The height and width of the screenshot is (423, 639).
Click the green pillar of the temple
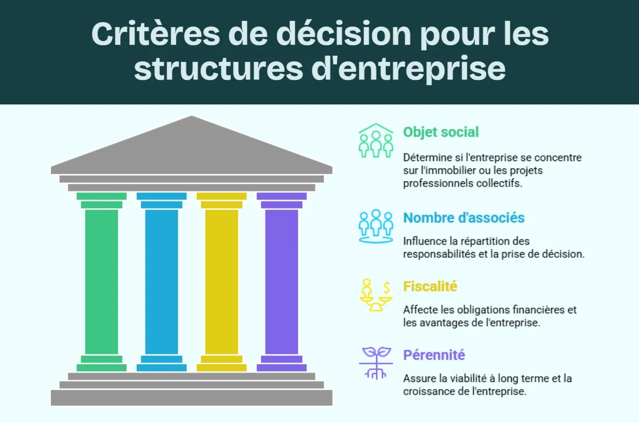(101, 281)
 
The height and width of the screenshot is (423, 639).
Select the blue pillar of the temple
(162, 281)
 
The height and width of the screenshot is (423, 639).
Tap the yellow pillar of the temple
(221, 281)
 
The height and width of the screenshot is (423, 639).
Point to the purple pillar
(282, 281)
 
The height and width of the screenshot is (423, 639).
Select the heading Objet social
(441, 132)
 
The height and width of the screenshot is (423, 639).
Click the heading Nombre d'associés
(464, 218)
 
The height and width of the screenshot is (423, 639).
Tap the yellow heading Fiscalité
(430, 286)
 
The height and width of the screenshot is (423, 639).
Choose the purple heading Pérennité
(434, 355)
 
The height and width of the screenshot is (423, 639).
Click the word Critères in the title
(156, 34)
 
